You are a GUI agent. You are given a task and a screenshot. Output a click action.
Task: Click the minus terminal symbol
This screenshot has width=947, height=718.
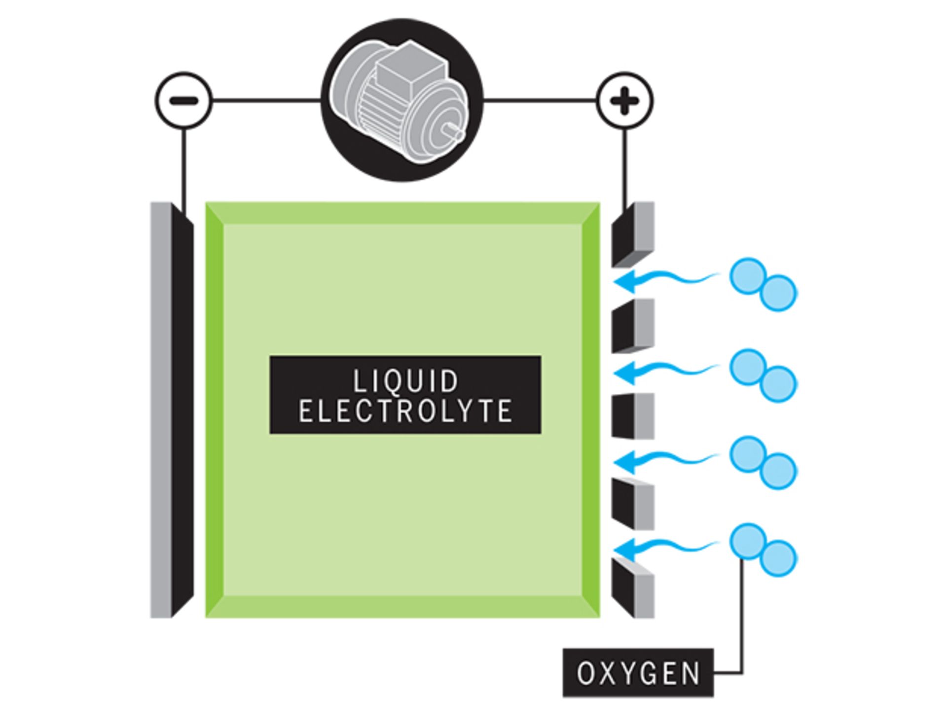coord(183,101)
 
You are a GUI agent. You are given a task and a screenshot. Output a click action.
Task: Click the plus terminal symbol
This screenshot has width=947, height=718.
coord(624,101)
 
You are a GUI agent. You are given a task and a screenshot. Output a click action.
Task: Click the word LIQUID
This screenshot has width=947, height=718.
coord(405,381)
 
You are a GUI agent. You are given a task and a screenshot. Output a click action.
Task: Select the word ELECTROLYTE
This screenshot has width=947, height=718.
coord(405,410)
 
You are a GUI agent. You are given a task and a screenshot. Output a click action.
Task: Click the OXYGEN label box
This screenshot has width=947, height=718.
coord(638,672)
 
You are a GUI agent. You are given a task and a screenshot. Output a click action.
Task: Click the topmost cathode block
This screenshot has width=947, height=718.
coord(633,234)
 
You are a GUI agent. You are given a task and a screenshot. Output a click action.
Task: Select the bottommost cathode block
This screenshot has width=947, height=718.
coord(633,589)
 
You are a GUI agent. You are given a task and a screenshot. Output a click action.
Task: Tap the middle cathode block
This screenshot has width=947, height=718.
coord(633,416)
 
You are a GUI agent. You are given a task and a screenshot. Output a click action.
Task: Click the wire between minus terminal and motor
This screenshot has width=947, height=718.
coord(266,101)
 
